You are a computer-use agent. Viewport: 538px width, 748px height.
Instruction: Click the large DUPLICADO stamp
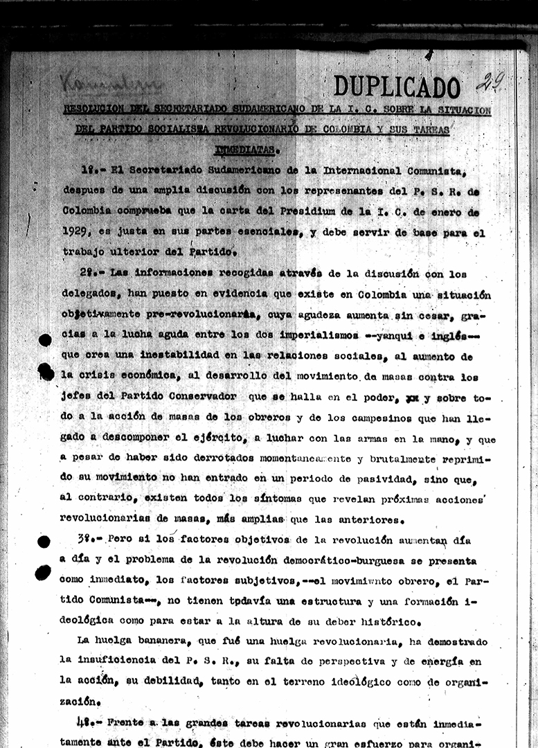point(397,87)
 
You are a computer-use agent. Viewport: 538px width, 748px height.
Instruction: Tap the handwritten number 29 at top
point(489,82)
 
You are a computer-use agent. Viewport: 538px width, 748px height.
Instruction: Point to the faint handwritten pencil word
point(111,84)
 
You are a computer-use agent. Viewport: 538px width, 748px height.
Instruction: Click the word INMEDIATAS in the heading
point(246,148)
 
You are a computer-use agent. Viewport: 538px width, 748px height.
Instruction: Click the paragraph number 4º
point(87,722)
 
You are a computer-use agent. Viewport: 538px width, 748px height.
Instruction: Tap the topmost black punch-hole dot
point(45,339)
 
